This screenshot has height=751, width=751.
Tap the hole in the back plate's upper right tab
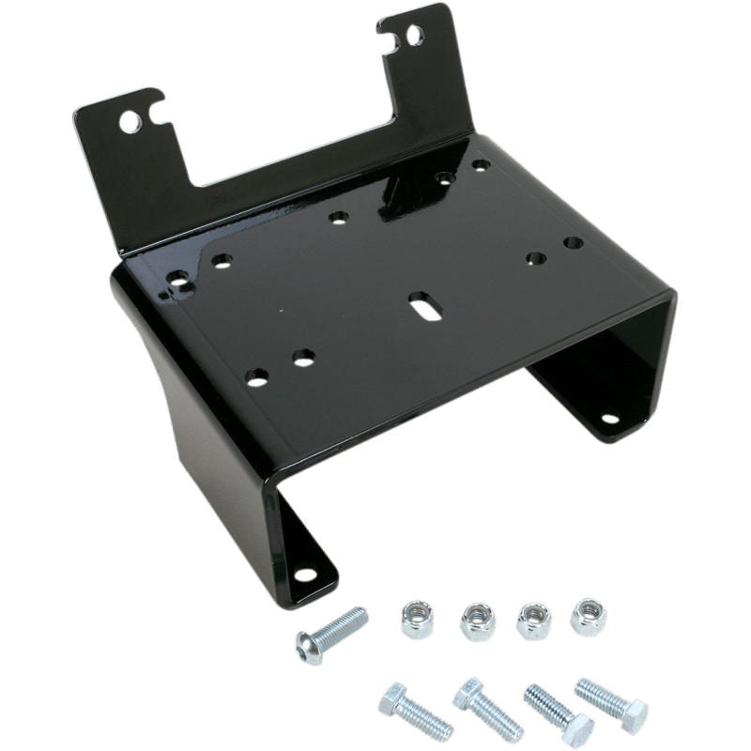tap(414, 37)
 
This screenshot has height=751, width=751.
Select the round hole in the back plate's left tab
tap(128, 123)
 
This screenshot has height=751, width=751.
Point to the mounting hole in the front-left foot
tap(304, 575)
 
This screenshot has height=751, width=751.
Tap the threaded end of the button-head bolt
tap(357, 618)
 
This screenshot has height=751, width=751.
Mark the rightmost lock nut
tap(590, 612)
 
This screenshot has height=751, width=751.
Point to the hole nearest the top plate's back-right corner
tap(482, 165)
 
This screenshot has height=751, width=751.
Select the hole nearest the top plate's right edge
tap(570, 243)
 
